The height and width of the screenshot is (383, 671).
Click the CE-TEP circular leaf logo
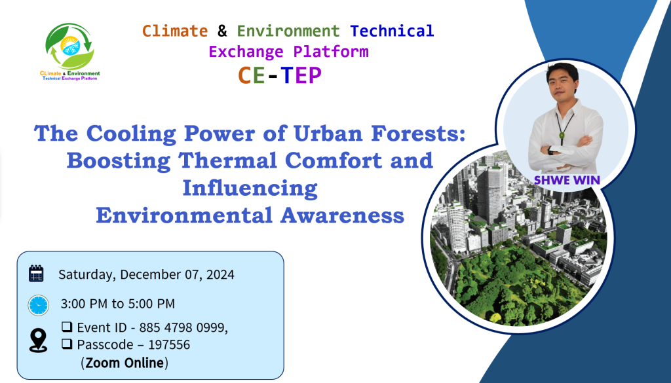[69, 46]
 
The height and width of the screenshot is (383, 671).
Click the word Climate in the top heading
[174, 31]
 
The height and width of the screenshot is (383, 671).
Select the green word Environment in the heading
[288, 31]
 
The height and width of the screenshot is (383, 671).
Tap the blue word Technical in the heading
[392, 31]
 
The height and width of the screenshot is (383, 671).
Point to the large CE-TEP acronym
[279, 75]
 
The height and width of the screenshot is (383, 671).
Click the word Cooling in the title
[131, 134]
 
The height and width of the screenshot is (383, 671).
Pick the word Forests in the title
[418, 133]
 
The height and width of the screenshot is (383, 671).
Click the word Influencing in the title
[250, 189]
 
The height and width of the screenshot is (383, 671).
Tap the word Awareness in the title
[342, 215]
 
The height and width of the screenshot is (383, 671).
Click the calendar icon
[37, 274]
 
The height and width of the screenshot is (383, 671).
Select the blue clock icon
[39, 305]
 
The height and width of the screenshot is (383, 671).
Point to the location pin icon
[38, 340]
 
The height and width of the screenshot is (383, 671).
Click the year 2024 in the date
[220, 274]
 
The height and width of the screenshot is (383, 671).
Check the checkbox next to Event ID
[67, 327]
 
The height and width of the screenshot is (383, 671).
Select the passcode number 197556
[169, 344]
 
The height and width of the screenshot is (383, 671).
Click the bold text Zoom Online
[125, 363]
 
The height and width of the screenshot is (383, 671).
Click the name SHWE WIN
[567, 181]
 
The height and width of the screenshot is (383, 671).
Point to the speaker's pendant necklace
[562, 135]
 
